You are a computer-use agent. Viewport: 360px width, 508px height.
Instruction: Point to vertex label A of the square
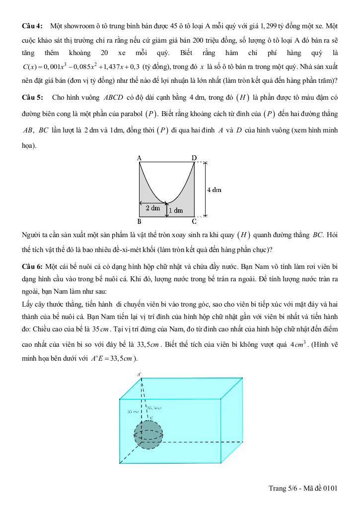140,158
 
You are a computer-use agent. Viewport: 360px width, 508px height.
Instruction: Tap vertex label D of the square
194,158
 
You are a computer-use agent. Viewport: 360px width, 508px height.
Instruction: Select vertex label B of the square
140,222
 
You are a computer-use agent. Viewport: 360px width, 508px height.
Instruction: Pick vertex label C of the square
194,222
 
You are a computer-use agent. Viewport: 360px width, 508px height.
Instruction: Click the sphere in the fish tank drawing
148,435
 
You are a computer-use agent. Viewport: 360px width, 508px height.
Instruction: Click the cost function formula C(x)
81,66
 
